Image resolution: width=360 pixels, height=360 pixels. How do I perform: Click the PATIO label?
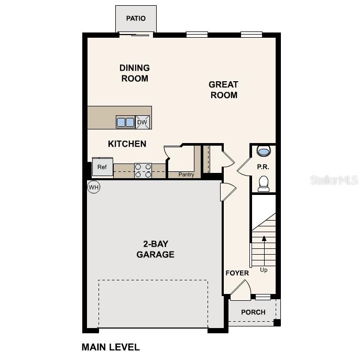[x=136, y=18]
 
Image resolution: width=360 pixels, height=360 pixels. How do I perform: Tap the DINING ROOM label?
[x=135, y=73]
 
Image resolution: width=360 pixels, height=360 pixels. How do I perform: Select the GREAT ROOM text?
[x=223, y=90]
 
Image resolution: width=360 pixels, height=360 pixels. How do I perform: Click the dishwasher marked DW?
[x=143, y=122]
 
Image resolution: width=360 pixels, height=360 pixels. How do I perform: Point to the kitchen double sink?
[x=125, y=122]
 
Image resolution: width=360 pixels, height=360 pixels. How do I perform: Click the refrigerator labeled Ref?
[x=102, y=167]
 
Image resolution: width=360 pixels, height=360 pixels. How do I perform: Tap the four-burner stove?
[x=143, y=170]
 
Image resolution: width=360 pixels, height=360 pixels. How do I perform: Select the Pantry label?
[x=186, y=174]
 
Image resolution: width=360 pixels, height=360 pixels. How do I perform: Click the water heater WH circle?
[x=93, y=187]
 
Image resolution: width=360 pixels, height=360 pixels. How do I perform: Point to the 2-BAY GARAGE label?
[x=155, y=249]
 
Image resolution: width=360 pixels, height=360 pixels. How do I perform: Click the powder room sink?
[x=264, y=151]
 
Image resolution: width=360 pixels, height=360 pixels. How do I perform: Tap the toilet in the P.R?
[x=264, y=183]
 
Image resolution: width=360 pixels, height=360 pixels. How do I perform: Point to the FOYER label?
[x=237, y=273]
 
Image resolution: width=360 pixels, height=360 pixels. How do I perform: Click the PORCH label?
[x=253, y=312]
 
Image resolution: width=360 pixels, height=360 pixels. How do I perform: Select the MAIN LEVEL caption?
[x=111, y=347]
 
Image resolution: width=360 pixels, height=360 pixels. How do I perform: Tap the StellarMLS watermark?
[x=334, y=180]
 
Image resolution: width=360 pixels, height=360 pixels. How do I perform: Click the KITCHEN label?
[x=127, y=144]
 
